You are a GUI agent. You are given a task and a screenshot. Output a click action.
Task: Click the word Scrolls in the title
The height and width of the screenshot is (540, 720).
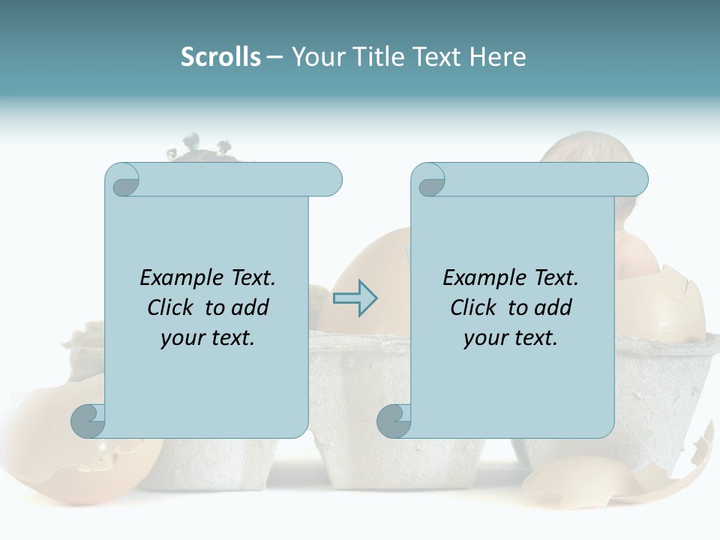click(x=220, y=57)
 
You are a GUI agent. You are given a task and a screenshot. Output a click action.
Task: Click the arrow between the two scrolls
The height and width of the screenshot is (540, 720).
click(x=355, y=298)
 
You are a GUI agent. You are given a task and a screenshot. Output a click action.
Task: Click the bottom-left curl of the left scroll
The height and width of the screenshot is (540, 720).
click(x=87, y=421)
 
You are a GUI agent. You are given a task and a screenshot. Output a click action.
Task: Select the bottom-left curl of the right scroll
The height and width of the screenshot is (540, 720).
click(x=393, y=421)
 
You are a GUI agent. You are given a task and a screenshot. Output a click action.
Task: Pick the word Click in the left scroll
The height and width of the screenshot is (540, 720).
click(x=163, y=308)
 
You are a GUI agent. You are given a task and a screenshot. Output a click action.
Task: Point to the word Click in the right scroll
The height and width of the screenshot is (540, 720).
click(x=466, y=308)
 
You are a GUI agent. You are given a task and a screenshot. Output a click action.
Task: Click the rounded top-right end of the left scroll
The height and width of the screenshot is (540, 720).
click(x=330, y=180)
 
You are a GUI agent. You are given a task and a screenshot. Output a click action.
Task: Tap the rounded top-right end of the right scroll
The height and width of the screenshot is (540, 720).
click(x=636, y=180)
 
